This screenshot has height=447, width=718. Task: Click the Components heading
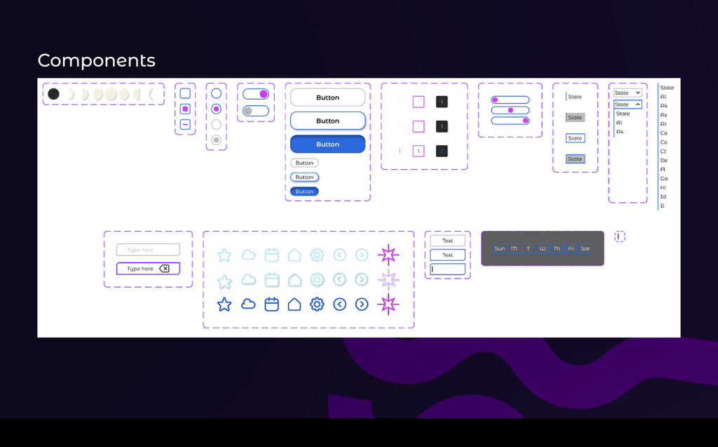point(96,60)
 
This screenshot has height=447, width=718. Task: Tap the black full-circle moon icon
point(53,94)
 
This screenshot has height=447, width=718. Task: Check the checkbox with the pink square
point(185,109)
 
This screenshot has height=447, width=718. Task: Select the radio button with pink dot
point(216,109)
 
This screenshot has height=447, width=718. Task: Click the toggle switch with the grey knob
point(255,111)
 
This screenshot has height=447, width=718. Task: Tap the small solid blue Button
point(304,192)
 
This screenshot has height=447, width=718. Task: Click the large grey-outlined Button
point(327,98)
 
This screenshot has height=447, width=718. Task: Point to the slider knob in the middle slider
point(510,110)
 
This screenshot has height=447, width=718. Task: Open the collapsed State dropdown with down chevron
point(628,93)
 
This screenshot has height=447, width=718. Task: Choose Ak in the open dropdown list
point(620,132)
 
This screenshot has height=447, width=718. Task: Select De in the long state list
point(664,161)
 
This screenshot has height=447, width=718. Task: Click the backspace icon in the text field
point(164,269)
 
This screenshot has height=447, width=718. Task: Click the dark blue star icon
point(224,305)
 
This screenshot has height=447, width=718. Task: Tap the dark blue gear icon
point(317,305)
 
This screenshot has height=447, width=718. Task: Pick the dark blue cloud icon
point(248,305)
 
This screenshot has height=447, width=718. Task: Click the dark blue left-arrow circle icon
point(339,305)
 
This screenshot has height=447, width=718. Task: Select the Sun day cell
point(500,248)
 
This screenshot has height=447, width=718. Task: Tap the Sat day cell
point(585,248)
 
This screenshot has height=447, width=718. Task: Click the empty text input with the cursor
point(447,269)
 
